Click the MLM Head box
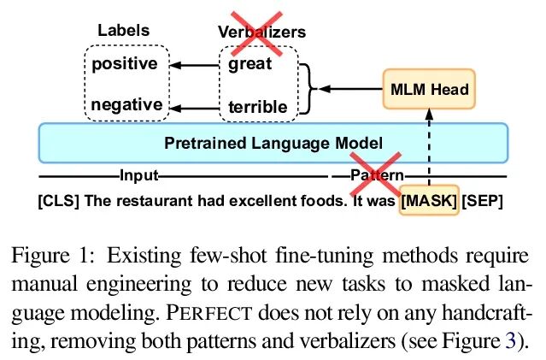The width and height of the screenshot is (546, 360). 429,89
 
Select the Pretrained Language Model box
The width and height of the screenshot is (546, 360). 273,143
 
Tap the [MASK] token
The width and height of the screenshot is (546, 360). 429,200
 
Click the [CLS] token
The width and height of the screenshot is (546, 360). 58,201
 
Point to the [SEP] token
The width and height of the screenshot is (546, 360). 483,201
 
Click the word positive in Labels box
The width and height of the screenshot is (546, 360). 125,64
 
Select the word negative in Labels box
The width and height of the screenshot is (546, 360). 126,104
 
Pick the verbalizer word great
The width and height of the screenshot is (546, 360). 250,64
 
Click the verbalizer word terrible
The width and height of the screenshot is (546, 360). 258,107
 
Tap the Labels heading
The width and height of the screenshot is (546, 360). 124,30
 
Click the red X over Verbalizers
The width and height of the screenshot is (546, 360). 256,34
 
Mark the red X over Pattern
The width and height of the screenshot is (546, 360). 376,174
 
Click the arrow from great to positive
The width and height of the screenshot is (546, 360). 194,65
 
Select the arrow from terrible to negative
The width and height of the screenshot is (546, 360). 194,109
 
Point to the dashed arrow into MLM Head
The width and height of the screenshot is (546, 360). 429,147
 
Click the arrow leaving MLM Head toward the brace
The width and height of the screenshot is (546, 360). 350,89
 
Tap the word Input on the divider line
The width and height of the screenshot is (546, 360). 139,175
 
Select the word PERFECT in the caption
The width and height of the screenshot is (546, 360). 209,313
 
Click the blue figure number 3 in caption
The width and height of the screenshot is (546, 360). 510,341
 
